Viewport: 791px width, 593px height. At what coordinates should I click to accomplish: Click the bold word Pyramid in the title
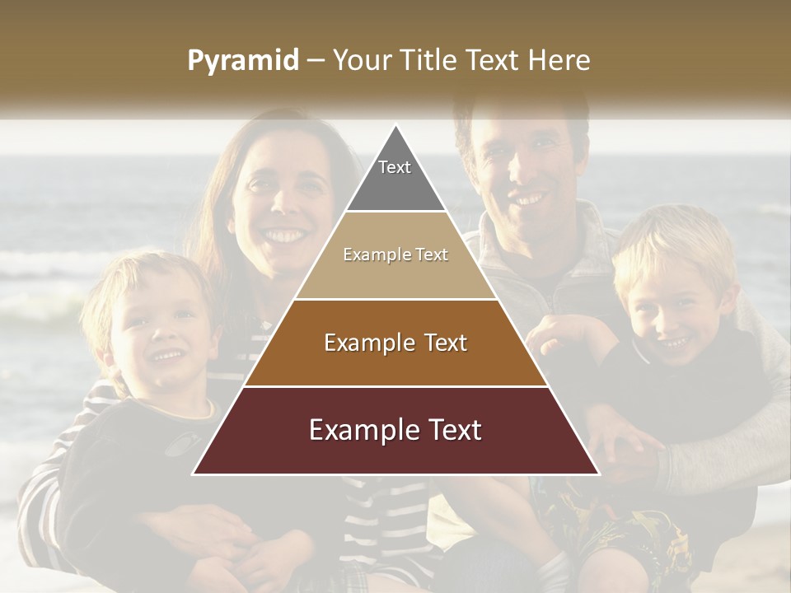(x=242, y=61)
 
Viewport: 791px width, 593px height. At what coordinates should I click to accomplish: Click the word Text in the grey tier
(x=395, y=167)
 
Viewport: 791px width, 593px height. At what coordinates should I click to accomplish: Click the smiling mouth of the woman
(x=283, y=236)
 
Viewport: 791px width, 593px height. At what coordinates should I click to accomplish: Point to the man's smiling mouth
(x=528, y=199)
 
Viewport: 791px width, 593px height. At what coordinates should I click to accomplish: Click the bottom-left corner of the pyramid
(x=193, y=474)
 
